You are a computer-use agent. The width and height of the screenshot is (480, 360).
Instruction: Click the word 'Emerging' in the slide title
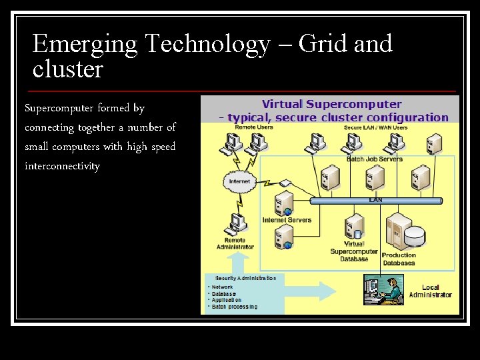click(84, 45)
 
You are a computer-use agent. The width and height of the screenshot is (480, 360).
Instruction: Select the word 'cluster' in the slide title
click(68, 69)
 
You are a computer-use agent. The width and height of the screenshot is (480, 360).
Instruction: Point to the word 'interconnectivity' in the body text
click(62, 165)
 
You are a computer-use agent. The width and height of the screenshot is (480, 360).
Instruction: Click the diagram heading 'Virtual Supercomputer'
click(331, 104)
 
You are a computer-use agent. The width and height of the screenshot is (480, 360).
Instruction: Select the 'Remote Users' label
click(253, 127)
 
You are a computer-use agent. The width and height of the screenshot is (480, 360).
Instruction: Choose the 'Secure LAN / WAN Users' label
click(375, 127)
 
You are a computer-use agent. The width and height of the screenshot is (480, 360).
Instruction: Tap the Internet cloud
click(239, 181)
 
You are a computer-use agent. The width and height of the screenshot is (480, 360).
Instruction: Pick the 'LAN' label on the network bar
click(375, 199)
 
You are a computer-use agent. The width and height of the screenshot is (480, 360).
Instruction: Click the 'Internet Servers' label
click(287, 220)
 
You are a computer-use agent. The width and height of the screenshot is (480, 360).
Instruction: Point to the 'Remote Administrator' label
click(235, 243)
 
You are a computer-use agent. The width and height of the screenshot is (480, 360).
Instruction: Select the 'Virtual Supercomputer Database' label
click(354, 251)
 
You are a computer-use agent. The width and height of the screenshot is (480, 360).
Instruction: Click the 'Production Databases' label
click(399, 259)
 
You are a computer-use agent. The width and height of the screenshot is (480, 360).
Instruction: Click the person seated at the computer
click(393, 290)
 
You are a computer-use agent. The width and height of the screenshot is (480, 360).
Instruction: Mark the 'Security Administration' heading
click(245, 277)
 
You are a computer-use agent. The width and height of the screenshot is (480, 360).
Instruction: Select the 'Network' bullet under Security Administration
click(223, 287)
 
